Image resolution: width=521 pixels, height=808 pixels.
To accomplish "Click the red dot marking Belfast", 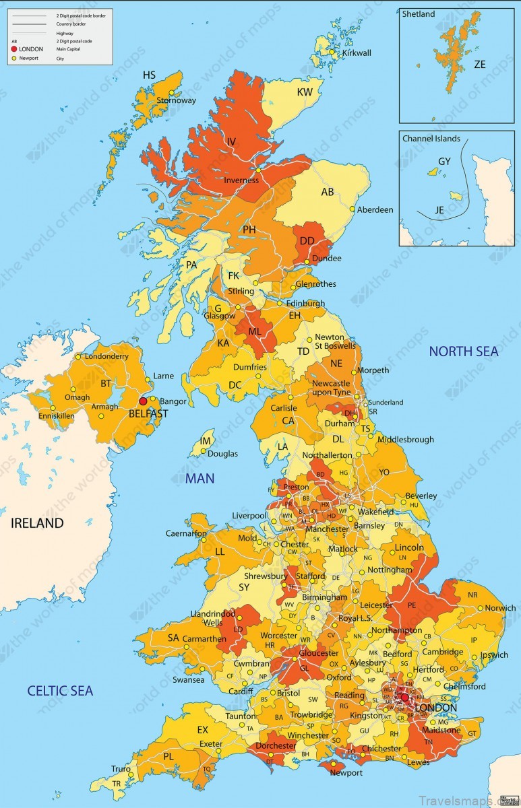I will click(143, 401).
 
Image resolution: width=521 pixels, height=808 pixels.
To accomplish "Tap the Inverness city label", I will click(242, 180).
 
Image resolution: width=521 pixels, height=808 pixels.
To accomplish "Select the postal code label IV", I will click(231, 141).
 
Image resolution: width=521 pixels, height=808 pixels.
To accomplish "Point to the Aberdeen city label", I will click(375, 210).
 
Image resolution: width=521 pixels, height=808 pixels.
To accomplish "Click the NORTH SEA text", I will click(464, 351).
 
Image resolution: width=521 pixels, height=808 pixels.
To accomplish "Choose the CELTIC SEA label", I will click(60, 690).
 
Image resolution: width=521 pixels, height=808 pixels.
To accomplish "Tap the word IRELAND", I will click(37, 523).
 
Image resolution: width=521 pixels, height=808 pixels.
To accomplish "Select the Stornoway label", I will click(177, 100).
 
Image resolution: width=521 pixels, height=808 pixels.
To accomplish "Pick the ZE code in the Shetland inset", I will click(480, 65).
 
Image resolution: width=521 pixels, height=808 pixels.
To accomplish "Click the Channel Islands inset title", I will click(431, 139).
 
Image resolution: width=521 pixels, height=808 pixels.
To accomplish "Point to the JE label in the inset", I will click(439, 210).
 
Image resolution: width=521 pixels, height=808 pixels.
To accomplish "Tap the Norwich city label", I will click(500, 608).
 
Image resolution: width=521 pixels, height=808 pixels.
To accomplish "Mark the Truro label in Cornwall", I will click(121, 769).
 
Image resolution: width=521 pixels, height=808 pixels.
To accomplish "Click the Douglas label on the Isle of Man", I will click(222, 454).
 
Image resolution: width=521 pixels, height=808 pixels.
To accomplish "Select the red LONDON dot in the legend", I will click(14, 49).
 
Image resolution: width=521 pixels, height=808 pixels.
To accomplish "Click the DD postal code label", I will click(307, 240).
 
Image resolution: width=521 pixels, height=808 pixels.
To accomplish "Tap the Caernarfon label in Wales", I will click(186, 533).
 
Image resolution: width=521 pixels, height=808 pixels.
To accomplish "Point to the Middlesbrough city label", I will click(405, 440).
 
